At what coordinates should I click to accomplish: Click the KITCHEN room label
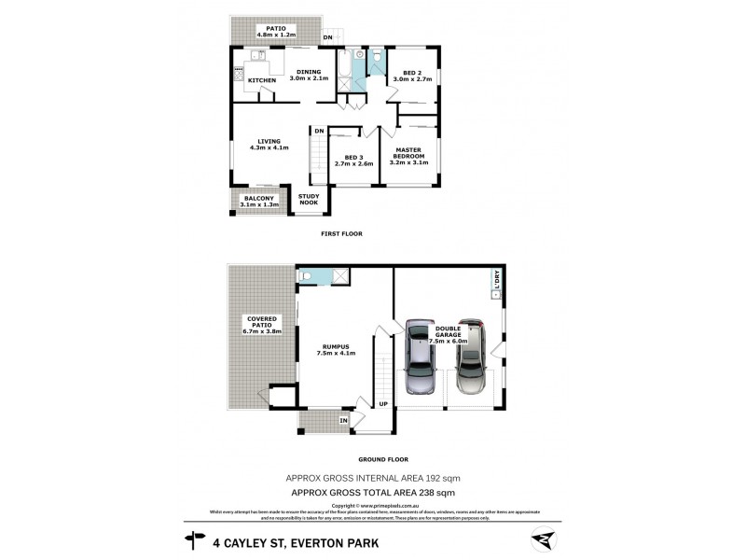[262, 81]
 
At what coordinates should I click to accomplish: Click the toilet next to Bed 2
[376, 58]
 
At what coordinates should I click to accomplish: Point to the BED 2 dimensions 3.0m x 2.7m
[414, 81]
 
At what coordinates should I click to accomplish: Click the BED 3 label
[352, 157]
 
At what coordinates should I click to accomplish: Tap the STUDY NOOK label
[309, 199]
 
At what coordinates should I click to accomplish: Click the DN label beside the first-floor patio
[327, 37]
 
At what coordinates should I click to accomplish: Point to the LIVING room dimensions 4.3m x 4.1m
[269, 147]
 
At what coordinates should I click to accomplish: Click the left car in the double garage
[421, 357]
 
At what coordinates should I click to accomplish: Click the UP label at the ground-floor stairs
[382, 404]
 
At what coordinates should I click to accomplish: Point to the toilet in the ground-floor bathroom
[307, 276]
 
